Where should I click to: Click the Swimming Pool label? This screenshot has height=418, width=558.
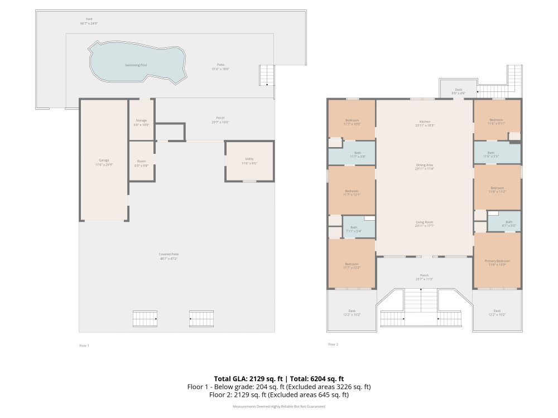tap(136, 65)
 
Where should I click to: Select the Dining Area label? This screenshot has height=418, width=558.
tap(425, 165)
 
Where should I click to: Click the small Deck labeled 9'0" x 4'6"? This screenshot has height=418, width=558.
tap(458, 90)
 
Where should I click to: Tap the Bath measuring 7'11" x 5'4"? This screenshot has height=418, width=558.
tap(354, 228)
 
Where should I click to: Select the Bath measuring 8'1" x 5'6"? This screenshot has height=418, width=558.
tap(508, 223)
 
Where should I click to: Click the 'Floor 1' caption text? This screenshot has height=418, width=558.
tap(84, 346)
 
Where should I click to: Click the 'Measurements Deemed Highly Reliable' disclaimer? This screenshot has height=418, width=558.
tap(278, 406)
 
